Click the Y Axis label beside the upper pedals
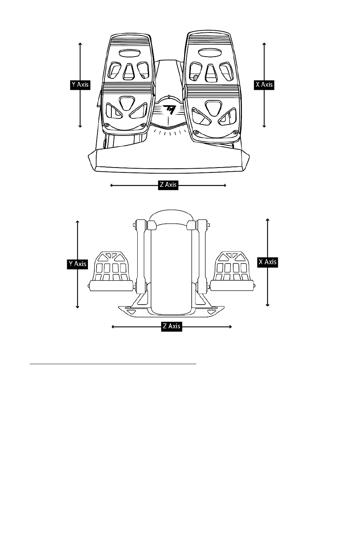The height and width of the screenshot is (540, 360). coord(80,85)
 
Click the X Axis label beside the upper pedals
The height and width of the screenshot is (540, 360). coord(264,85)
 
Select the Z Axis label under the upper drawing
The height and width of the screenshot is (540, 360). coord(168,185)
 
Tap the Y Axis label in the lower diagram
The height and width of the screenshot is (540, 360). coord(77,264)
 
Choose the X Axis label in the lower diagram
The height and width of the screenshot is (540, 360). coord(268,262)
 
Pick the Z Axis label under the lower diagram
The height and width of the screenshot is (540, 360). coord(171,326)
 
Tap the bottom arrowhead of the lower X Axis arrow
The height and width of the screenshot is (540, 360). coord(268,305)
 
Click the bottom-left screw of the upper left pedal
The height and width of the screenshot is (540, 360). coord(107,125)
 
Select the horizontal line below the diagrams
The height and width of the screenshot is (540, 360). coord(113,364)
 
